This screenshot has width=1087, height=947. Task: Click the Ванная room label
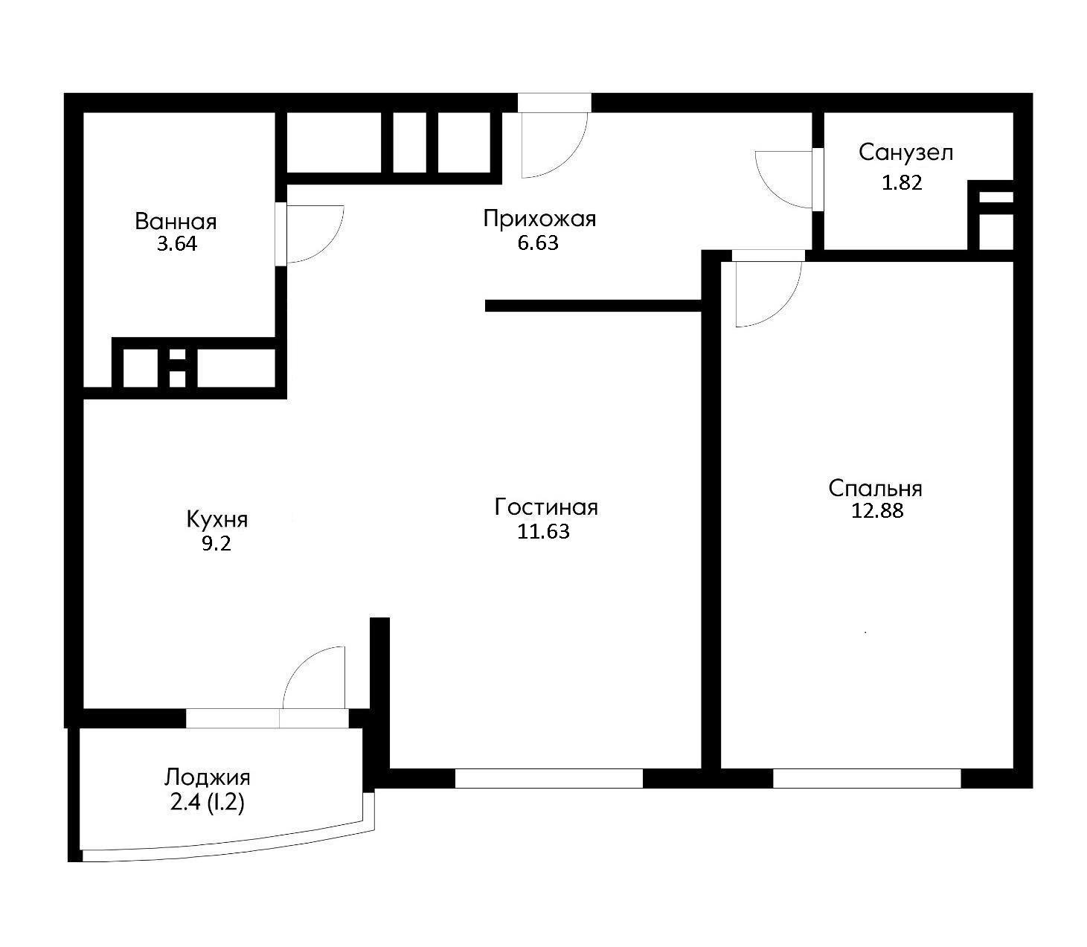coord(176,222)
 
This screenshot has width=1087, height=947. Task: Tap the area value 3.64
coord(177,244)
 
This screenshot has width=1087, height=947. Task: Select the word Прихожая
coord(539,219)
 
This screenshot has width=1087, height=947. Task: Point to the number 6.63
coord(538,243)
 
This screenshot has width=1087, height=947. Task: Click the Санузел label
coord(906,153)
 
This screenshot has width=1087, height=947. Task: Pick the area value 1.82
coord(902,183)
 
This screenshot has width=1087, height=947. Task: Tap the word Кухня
coord(217,519)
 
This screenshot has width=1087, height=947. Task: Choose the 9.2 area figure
coord(217,544)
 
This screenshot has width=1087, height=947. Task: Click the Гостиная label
coord(546,507)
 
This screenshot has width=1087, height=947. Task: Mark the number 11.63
coord(543,532)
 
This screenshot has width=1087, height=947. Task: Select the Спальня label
coord(875,488)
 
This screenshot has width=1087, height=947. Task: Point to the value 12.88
coord(877,510)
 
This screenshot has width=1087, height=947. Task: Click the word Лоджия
coord(207,777)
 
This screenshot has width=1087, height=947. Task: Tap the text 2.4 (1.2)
coord(207,802)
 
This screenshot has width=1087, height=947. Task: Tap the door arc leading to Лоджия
coord(298,664)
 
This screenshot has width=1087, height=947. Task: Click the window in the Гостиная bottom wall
coord(549,778)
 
